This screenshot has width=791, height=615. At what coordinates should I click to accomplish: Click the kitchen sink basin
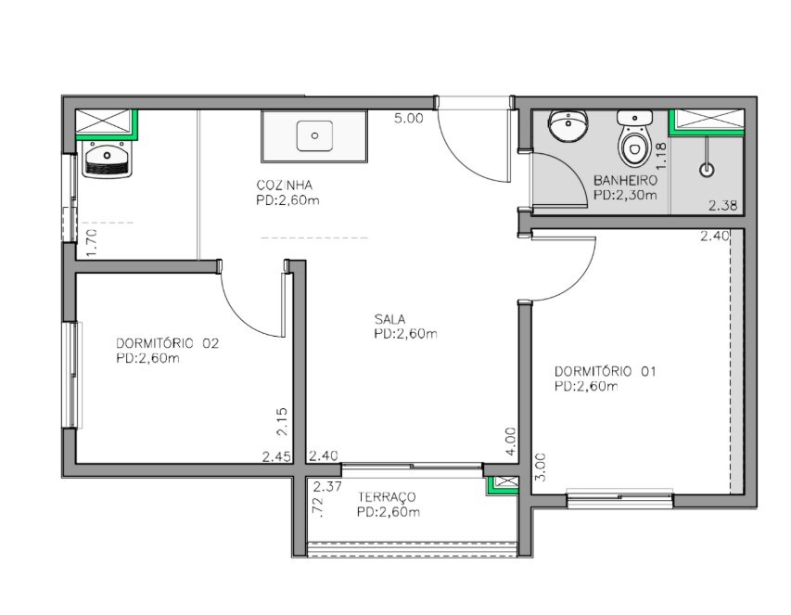coord(314,135)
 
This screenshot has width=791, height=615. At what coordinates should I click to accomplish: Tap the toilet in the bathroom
coord(634,139)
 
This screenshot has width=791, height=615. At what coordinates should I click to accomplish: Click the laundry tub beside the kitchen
coord(107,159)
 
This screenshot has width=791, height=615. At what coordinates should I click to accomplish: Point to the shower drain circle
coord(708,170)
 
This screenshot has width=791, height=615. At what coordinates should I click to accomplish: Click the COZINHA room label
coord(284,185)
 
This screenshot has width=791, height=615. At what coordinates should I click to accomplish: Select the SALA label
coord(389,319)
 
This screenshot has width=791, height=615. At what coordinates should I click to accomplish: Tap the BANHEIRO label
coord(625,180)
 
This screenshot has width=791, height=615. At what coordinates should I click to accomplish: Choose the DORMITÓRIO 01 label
coord(605,371)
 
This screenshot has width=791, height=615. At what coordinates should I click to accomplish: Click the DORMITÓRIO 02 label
coord(168,343)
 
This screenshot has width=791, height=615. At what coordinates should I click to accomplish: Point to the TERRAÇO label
coord(387,497)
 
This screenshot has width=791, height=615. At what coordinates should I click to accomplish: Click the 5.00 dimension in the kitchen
coord(409,119)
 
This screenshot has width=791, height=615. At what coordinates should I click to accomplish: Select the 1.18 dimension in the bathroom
coord(661,156)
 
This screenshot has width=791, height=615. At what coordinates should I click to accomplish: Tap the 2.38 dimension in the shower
coord(723,205)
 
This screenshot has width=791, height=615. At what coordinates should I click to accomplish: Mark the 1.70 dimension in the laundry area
coord(93,243)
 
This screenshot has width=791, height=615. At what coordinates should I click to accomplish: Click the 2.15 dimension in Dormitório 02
coord(282,421)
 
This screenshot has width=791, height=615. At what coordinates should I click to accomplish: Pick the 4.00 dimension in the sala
coord(511,442)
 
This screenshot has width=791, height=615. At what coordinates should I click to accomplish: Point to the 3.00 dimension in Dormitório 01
coord(540,468)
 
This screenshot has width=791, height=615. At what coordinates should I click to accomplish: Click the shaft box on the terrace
coord(503,484)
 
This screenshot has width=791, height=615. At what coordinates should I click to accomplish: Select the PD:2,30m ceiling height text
coord(625,195)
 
